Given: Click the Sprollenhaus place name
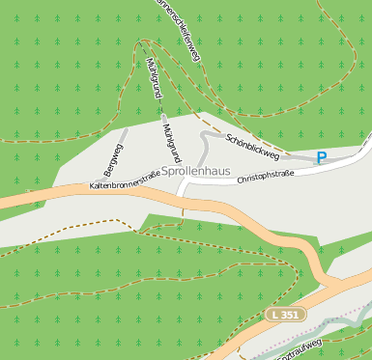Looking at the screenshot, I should [x=196, y=171].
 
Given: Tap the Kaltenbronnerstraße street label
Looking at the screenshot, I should [x=124, y=180].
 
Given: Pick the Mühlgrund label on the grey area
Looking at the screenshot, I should [x=171, y=142].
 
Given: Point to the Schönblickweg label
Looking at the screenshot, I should [x=252, y=147].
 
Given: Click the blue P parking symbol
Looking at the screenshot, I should [x=322, y=157].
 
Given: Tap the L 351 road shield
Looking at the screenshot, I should [x=286, y=315].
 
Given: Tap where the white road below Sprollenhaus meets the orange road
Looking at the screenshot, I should [x=181, y=199].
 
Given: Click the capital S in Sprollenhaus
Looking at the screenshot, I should [x=166, y=171].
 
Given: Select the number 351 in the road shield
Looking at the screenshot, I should [x=291, y=315].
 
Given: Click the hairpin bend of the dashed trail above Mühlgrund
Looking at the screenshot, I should [x=143, y=42].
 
